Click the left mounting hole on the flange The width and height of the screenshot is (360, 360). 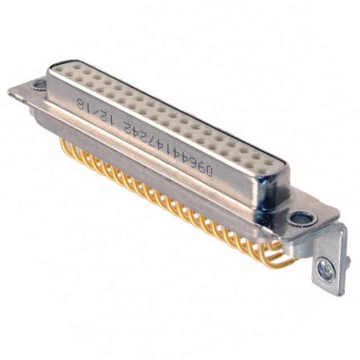click(39, 85)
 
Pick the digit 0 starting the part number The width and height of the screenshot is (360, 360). click(209, 171)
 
